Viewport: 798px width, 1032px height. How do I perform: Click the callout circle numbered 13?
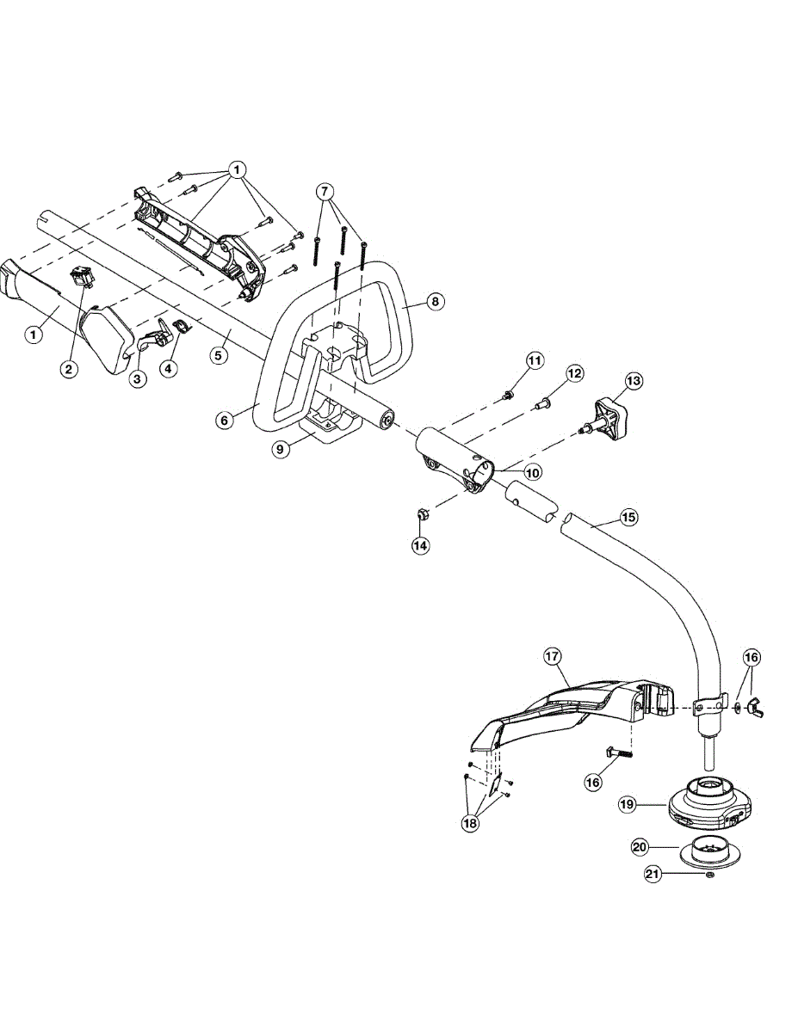point(634,380)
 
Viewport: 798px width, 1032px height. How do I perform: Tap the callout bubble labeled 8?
point(435,301)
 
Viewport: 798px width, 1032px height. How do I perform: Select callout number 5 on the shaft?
point(220,353)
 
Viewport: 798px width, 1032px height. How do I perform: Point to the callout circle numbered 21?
point(653,875)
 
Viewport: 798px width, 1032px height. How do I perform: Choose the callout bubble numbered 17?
point(553,657)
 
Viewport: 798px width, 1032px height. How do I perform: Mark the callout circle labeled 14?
point(420,544)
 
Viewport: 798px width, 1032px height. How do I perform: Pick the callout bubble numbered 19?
point(628,804)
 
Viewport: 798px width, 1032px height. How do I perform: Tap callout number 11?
point(535,359)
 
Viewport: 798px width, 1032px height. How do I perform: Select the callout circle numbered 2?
point(69,369)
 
